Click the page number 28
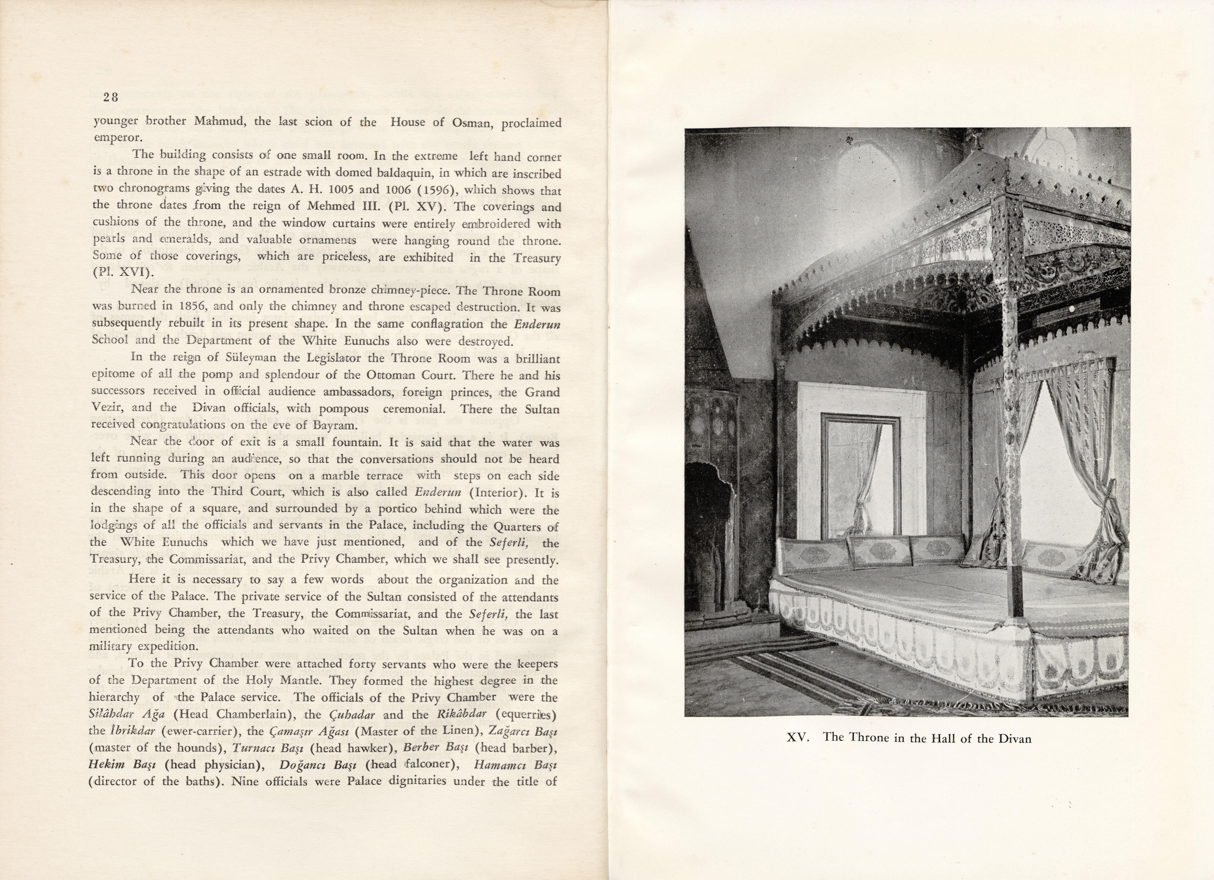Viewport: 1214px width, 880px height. (111, 97)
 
